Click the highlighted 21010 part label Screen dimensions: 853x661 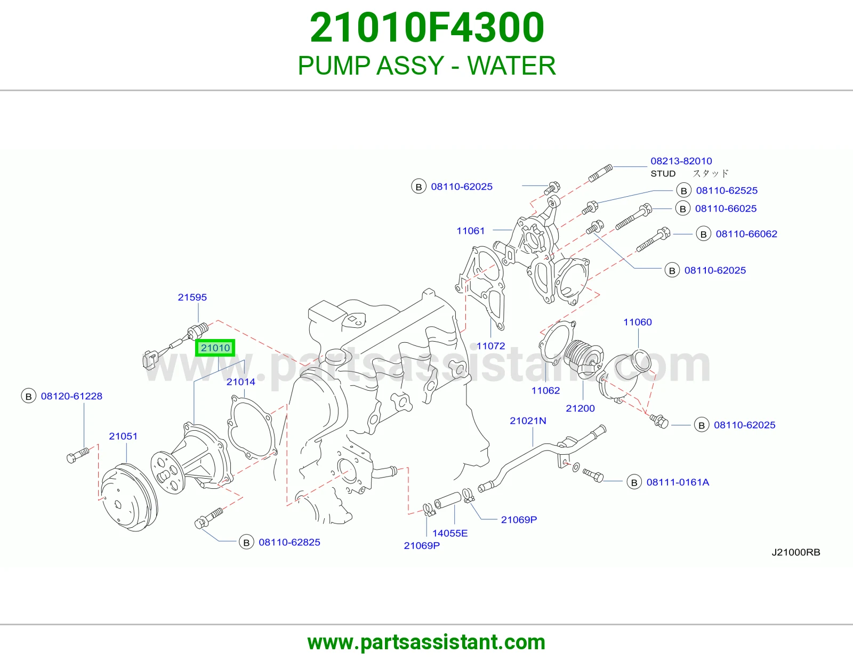tap(215, 348)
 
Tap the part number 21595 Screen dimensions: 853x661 tap(192, 297)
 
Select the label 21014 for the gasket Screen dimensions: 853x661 tap(240, 382)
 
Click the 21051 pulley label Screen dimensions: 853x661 tap(123, 436)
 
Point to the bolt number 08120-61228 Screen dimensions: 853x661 tap(71, 396)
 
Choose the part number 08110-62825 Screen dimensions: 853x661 tap(289, 542)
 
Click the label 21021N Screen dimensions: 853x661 tap(528, 421)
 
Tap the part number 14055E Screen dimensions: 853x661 tap(450, 533)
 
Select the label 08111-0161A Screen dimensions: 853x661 tap(678, 482)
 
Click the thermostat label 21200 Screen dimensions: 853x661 tap(580, 408)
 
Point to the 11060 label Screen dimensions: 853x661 tap(638, 322)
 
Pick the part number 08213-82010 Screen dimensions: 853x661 tap(681, 161)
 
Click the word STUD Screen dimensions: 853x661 tap(663, 173)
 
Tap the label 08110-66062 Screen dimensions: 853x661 tap(746, 234)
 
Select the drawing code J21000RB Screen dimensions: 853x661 tap(796, 552)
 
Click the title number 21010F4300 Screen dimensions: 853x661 tap(426, 27)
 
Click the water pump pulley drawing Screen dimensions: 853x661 tap(129, 498)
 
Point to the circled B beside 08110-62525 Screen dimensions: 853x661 tap(684, 190)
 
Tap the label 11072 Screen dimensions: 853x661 tap(490, 346)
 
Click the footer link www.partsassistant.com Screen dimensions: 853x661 tap(426, 642)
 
